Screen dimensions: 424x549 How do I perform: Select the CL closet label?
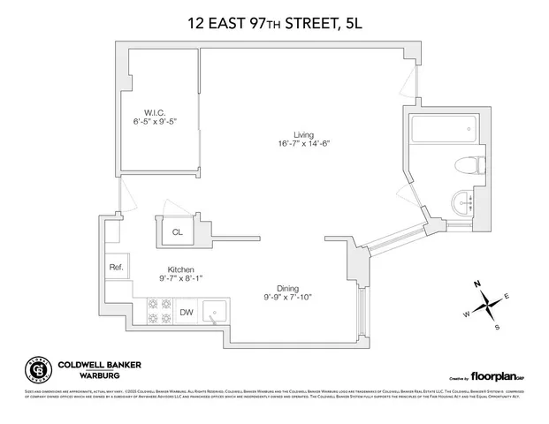coord(177,233)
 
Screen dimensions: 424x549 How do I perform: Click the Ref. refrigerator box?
coord(116,268)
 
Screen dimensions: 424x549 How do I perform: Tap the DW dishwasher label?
coord(187,312)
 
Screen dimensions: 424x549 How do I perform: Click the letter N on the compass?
coord(475,284)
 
